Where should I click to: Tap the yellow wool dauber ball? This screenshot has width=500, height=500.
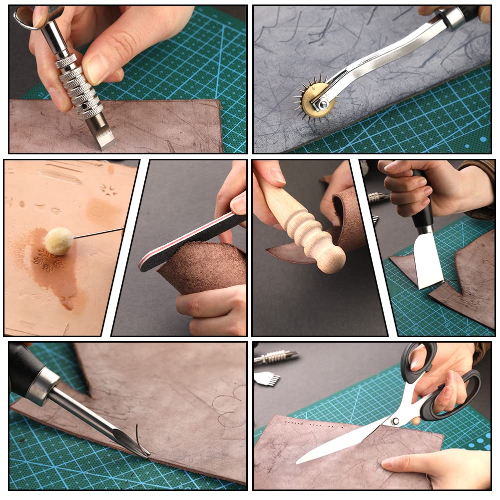click(59, 241)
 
